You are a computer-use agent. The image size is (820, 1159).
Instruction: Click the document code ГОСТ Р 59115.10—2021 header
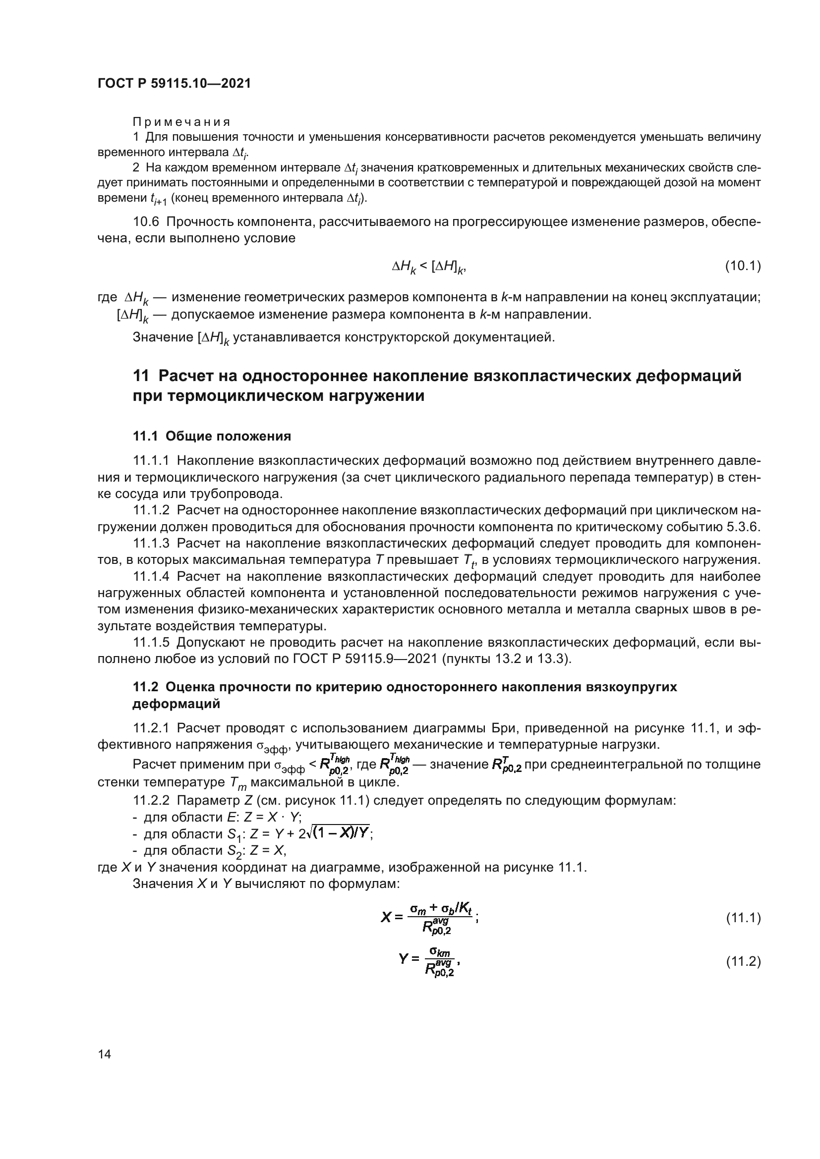pos(174,84)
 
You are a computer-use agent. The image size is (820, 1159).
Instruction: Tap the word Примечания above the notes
pos(181,122)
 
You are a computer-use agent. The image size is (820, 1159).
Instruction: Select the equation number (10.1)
pos(743,266)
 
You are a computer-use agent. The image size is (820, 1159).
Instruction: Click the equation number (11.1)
pos(743,918)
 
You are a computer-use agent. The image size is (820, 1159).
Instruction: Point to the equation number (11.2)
pos(743,962)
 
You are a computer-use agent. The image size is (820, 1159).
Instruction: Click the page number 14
pos(105,1054)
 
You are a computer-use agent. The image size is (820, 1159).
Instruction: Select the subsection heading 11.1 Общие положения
pos(212,436)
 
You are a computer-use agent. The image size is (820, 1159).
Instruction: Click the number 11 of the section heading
pos(141,376)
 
